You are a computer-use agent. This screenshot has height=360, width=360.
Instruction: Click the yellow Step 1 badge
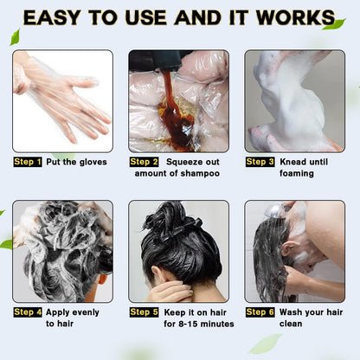28,161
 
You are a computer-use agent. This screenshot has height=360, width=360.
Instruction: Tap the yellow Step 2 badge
144,161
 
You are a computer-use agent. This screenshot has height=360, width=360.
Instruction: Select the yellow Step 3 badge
260,161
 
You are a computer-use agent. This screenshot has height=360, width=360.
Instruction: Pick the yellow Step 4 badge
28,312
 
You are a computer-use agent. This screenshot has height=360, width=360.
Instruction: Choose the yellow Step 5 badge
144,312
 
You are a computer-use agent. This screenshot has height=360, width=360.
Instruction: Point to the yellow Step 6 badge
260,312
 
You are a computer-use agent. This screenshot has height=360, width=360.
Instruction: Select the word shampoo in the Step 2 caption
199,173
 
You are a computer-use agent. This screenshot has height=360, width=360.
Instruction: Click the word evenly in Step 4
85,312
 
